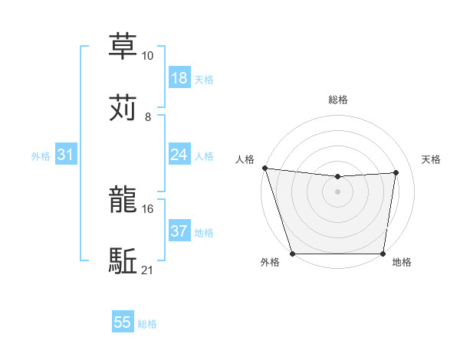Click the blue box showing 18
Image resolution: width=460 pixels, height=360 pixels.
click(x=179, y=78)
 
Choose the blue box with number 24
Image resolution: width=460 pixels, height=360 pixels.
click(x=179, y=155)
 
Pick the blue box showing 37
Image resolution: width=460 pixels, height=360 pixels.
click(x=179, y=231)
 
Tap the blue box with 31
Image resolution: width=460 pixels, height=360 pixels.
click(x=66, y=155)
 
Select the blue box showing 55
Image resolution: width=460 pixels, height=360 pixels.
click(x=123, y=322)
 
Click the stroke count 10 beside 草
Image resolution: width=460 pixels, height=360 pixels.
click(x=147, y=56)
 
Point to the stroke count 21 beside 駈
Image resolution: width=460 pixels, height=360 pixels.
click(x=147, y=270)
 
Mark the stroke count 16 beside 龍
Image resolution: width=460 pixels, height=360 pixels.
click(x=147, y=208)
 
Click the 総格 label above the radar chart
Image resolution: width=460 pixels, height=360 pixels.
click(x=337, y=100)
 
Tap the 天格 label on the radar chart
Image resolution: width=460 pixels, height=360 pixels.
click(x=431, y=159)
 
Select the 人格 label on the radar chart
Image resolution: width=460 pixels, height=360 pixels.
click(x=244, y=159)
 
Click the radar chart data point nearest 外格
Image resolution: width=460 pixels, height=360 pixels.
click(x=292, y=254)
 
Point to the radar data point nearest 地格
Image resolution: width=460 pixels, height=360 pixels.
click(x=383, y=254)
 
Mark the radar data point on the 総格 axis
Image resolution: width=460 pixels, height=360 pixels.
click(x=337, y=177)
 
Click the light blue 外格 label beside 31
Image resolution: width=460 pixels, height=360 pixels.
click(x=41, y=155)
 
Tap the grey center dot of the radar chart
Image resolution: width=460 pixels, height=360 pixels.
click(x=337, y=191)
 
